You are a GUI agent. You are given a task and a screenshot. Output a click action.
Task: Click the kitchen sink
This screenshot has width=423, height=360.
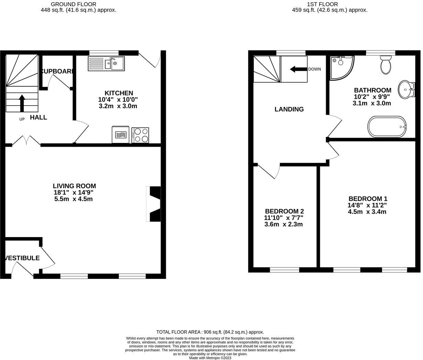pyautogui.click(x=106, y=64)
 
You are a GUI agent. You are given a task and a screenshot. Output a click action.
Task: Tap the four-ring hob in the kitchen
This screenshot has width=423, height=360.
pyautogui.click(x=140, y=135)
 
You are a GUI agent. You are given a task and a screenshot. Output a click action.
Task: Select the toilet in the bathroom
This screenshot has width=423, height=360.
pyautogui.click(x=386, y=65)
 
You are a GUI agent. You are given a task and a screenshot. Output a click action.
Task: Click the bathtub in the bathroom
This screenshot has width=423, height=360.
pyautogui.click(x=387, y=126)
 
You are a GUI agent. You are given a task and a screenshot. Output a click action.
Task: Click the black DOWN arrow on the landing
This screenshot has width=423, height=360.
pyautogui.click(x=298, y=69)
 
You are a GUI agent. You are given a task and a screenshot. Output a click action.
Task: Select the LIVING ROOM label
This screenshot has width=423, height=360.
pyautogui.click(x=74, y=186)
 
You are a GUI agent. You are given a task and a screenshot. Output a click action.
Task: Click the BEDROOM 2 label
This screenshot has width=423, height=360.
pyautogui.click(x=284, y=211)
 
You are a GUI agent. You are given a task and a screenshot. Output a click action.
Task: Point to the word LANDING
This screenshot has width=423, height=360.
pyautogui.click(x=289, y=109)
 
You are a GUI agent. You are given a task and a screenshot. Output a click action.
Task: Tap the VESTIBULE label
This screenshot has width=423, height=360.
pyautogui.click(x=22, y=258)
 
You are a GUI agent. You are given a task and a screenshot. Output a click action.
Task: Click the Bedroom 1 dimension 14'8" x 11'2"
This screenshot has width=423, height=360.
pyautogui.click(x=367, y=205)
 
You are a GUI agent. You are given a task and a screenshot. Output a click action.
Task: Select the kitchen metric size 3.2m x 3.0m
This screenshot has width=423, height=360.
pyautogui.click(x=118, y=106)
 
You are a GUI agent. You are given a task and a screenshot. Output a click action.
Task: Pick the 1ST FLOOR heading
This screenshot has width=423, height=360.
pyautogui.click(x=322, y=4)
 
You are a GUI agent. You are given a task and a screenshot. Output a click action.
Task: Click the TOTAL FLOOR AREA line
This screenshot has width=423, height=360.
pyautogui.click(x=210, y=332)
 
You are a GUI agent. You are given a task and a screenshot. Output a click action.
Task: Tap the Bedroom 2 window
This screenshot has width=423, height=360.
pyautogui.click(x=284, y=270)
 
